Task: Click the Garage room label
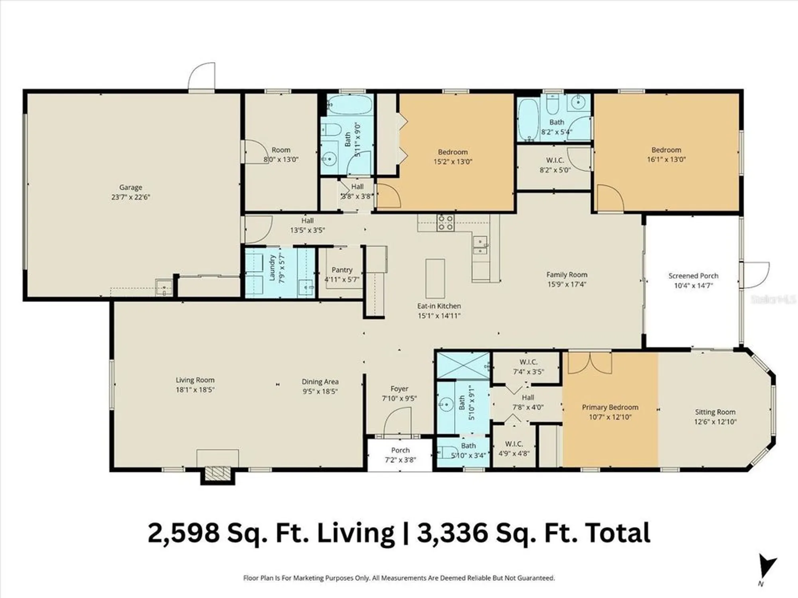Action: [130, 187]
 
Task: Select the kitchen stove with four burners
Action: [445, 223]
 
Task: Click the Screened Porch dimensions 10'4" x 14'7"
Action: [693, 285]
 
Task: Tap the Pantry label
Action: [342, 270]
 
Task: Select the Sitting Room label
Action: [715, 412]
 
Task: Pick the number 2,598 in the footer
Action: [184, 533]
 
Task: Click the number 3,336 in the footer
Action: [452, 533]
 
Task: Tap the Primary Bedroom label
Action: [610, 407]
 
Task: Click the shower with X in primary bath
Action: [463, 365]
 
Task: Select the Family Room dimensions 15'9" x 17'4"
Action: [567, 284]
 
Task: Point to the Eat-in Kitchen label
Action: [439, 306]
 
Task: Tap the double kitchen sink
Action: [480, 245]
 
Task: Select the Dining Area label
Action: [320, 382]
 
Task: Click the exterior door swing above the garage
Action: [202, 77]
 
